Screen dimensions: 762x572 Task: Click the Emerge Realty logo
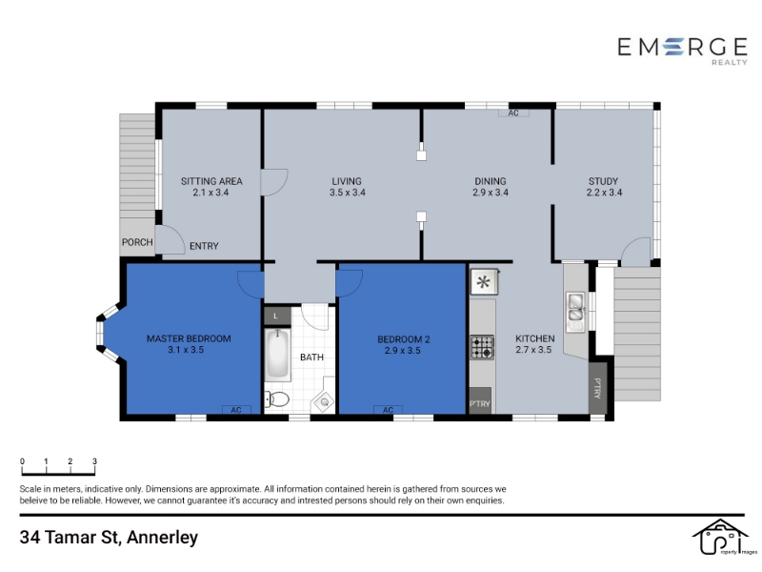[x=682, y=51]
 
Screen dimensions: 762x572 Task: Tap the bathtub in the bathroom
[x=277, y=354]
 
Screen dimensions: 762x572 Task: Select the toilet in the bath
[x=276, y=399]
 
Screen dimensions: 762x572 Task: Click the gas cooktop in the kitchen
[x=482, y=347]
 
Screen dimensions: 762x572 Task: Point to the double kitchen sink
[x=576, y=307]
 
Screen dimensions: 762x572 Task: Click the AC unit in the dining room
[x=513, y=112]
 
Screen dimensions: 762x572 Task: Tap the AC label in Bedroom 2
[x=388, y=410]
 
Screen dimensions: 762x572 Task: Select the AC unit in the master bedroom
[x=236, y=410]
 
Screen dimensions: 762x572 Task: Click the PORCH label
[x=137, y=242]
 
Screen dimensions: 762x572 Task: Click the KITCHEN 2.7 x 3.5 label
[x=534, y=344]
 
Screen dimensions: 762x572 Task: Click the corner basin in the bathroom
[x=324, y=401]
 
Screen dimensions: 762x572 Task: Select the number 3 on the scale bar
[x=94, y=461]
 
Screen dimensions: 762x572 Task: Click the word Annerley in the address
[x=162, y=538]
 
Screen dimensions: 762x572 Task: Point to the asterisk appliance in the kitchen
[x=484, y=282]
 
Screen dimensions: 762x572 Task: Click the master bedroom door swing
[x=251, y=284]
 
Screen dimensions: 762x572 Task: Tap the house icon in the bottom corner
[x=719, y=537]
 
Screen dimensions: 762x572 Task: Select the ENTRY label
[x=204, y=246]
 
